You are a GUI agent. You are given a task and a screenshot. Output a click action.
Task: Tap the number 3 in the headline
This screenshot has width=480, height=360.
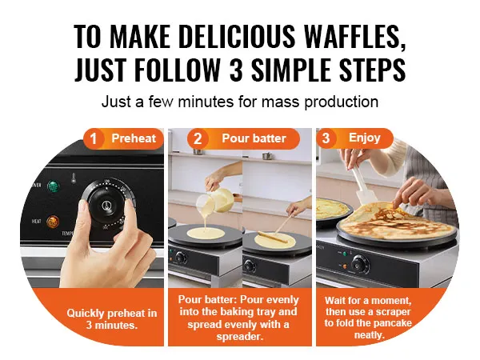[236, 69]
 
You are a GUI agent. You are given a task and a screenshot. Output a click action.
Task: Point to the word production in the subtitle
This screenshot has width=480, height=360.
[342, 102]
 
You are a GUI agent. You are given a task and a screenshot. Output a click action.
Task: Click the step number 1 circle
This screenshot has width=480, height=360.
[94, 138]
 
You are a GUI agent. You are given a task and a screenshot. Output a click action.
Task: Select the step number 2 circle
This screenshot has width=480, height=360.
[198, 138]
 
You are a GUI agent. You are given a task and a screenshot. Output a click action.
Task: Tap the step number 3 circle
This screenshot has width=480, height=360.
[326, 138]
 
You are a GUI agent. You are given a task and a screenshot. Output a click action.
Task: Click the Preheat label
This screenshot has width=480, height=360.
[134, 138]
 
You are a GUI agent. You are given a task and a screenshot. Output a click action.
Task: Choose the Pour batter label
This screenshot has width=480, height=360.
[254, 138]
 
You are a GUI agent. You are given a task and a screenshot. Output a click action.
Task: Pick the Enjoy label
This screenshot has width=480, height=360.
[365, 138]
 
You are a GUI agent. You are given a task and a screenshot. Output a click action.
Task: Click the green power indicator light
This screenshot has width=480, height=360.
[53, 186]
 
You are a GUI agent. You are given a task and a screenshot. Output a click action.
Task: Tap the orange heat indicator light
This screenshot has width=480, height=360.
[53, 222]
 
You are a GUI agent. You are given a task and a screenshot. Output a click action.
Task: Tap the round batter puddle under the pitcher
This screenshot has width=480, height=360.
[206, 234]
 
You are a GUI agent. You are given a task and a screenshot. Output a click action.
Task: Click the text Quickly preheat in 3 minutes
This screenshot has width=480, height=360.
[112, 319]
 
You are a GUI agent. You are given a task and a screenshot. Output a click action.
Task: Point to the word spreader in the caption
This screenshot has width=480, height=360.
[240, 338]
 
